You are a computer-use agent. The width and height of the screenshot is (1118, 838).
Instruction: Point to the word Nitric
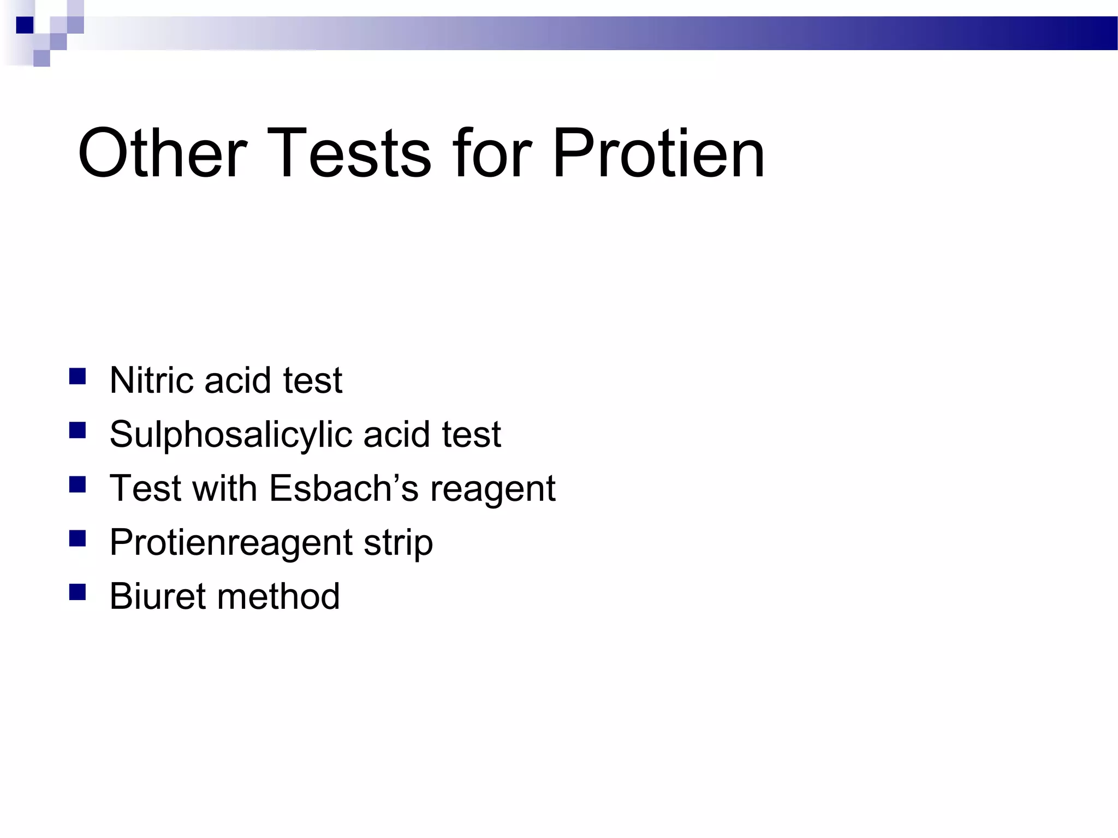[x=151, y=380]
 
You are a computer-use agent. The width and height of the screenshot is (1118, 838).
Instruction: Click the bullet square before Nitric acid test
[x=78, y=377]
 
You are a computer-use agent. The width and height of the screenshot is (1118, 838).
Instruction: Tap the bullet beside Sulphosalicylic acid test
[x=78, y=431]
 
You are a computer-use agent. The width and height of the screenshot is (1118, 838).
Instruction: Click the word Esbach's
[x=344, y=488]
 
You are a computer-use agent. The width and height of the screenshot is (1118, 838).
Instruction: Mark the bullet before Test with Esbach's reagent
[x=78, y=484]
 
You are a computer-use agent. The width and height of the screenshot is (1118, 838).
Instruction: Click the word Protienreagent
[x=231, y=543]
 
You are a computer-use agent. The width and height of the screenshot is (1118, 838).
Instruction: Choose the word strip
[x=399, y=543]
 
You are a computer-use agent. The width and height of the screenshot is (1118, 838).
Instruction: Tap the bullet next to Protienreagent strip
[x=78, y=538]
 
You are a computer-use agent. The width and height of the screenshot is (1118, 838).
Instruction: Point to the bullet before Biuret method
[x=78, y=592]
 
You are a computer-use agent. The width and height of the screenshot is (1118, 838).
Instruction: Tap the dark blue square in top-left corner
[x=25, y=25]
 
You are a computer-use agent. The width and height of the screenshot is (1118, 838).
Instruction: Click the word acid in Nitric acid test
[x=237, y=380]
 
